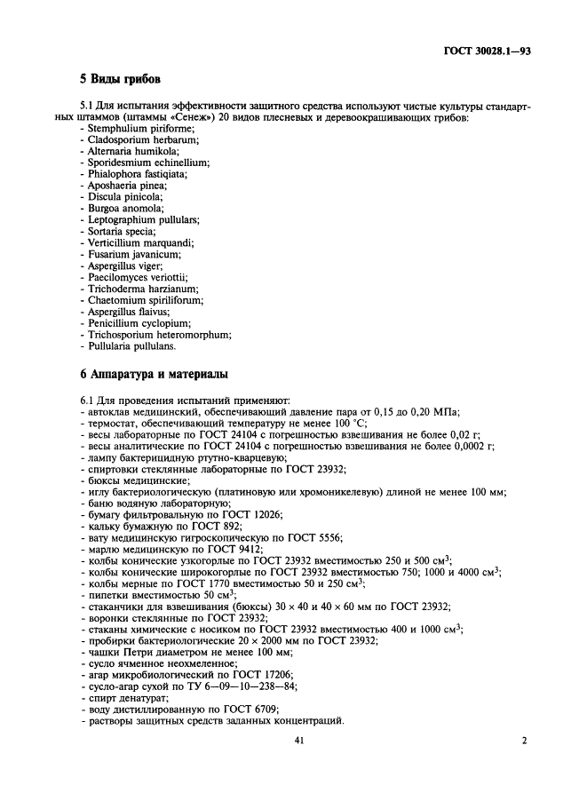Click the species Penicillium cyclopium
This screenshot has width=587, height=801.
click(x=139, y=323)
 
